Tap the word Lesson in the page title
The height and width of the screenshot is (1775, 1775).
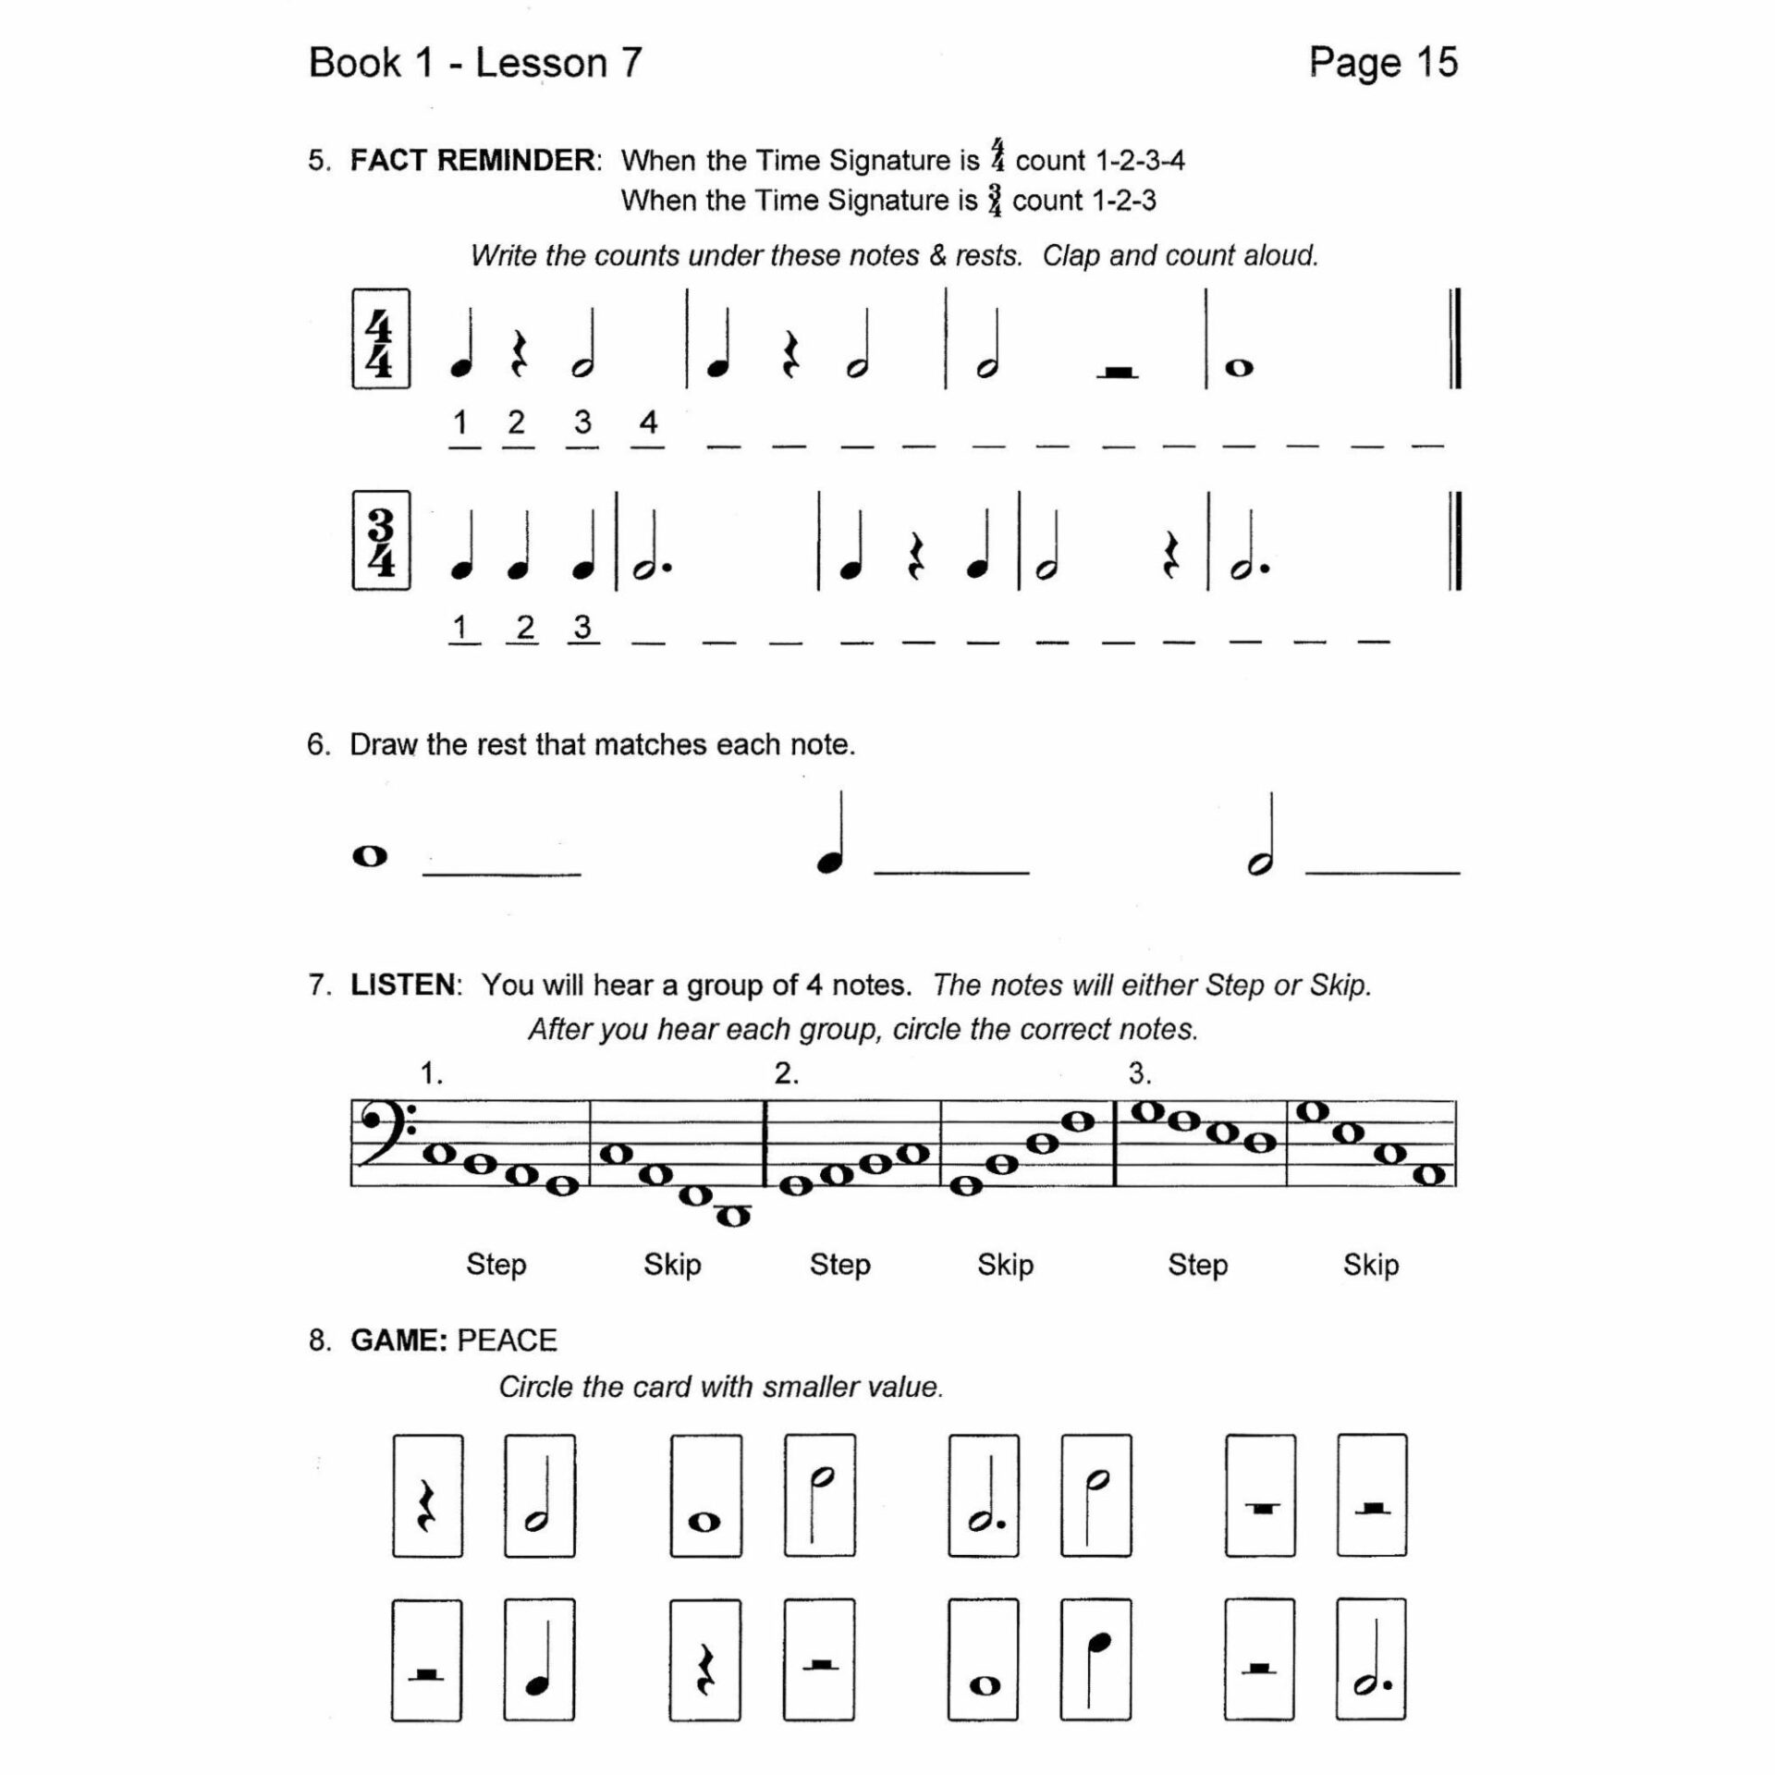click(x=541, y=63)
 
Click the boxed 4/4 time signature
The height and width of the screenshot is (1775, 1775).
click(x=380, y=338)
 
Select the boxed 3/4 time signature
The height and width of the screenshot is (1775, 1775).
click(x=380, y=540)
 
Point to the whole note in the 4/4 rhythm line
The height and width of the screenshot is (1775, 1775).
click(x=1239, y=368)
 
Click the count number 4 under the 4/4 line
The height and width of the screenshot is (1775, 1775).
click(x=648, y=422)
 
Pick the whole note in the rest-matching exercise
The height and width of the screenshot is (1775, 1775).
click(x=370, y=856)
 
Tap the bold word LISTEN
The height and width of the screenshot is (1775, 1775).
click(x=403, y=985)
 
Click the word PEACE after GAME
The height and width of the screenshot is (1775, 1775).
click(x=507, y=1340)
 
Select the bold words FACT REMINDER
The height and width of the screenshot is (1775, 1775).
click(x=472, y=160)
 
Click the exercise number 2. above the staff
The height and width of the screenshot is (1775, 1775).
click(x=786, y=1073)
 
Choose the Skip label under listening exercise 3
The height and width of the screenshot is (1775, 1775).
click(x=1370, y=1265)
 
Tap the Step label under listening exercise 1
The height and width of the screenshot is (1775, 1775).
click(x=496, y=1265)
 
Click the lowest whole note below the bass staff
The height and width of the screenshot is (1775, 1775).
click(x=734, y=1217)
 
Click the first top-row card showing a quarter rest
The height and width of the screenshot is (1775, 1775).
click(x=427, y=1495)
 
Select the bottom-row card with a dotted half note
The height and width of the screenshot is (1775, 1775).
click(x=1371, y=1659)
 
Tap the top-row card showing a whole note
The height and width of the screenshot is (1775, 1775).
click(x=705, y=1495)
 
